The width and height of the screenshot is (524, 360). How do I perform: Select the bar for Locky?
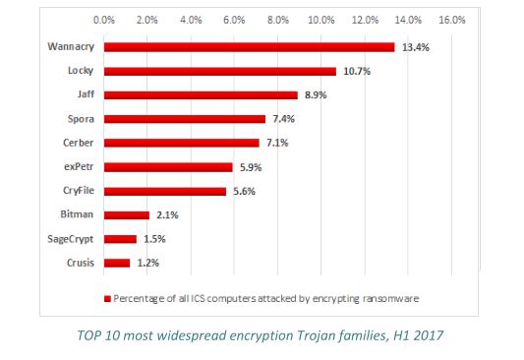tap(219, 71)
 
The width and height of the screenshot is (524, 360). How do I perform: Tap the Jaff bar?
tap(200, 94)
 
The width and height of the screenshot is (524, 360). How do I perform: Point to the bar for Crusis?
tap(116, 263)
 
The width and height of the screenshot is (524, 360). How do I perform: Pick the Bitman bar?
tap(126, 214)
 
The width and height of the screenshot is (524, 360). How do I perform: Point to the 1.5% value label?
tap(153, 239)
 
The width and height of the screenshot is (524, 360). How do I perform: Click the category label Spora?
tap(80, 119)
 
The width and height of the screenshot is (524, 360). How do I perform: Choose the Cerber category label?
tap(79, 143)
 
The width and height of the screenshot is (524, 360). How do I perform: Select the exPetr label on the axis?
tap(79, 167)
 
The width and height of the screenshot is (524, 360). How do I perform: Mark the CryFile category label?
tap(78, 191)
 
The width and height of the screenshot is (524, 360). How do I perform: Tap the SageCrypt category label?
tap(71, 239)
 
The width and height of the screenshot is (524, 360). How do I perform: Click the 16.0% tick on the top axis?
tap(451, 19)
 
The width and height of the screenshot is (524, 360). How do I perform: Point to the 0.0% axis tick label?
tap(103, 19)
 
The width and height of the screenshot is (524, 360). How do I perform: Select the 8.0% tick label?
tap(277, 19)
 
